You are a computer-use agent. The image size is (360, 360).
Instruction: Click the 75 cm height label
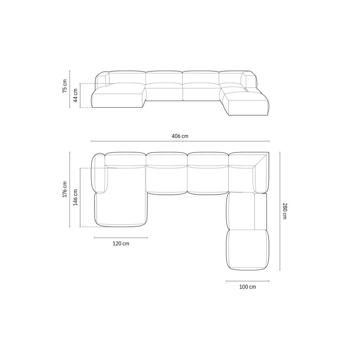[65, 86]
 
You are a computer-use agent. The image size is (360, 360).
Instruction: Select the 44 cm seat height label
[75, 95]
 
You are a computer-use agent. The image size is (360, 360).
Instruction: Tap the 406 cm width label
[180, 136]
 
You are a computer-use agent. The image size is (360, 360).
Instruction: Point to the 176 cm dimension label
[65, 189]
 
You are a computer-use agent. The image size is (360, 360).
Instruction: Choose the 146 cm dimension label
[75, 198]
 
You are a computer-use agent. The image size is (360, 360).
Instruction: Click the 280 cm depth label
[285, 211]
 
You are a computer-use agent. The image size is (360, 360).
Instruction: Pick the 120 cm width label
[121, 244]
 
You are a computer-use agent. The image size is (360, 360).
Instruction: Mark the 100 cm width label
[247, 287]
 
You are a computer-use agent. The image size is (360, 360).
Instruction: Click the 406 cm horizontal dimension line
[180, 141]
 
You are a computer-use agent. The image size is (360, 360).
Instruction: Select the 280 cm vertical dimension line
[280, 211]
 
